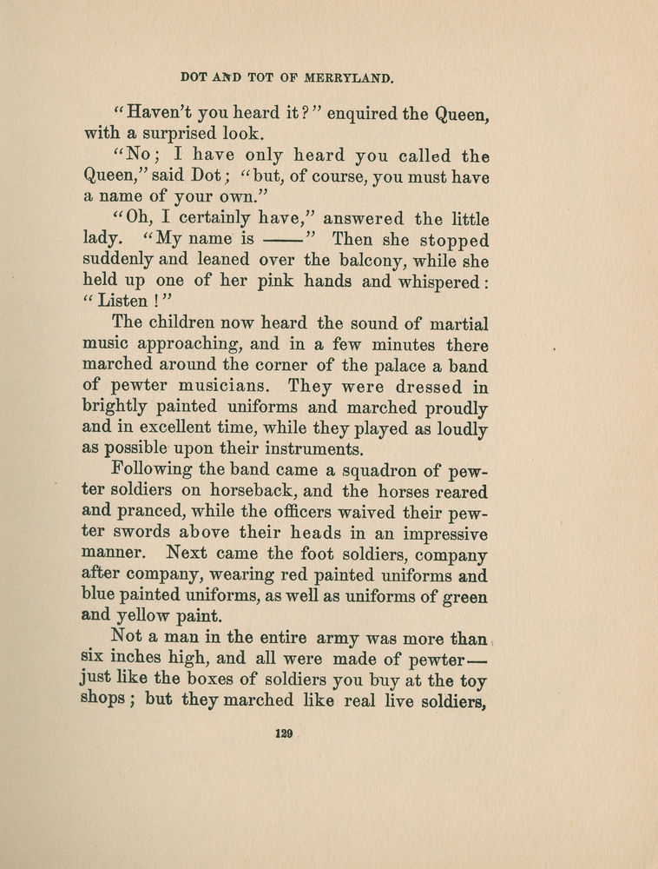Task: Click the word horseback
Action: coord(247,491)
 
